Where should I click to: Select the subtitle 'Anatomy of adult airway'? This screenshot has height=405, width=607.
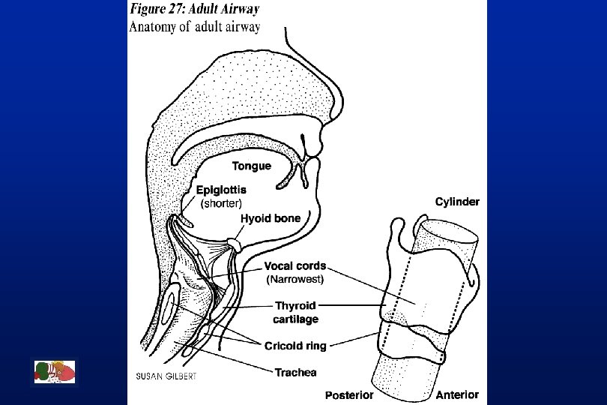195,27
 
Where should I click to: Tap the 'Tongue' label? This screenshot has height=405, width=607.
251,166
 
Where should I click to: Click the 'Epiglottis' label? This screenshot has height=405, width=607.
221,190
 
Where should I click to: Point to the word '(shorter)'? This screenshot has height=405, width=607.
222,202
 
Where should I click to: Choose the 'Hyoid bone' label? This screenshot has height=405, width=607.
271,218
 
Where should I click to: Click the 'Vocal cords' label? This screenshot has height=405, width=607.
295,266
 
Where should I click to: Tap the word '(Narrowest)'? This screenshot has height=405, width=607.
295,279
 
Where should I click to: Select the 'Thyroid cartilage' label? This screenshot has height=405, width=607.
296,312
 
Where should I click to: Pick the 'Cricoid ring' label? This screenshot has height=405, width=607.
295,346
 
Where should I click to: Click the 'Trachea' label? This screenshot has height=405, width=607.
295,372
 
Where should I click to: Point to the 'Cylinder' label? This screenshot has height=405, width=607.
457,202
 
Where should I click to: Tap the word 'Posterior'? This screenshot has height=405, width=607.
349,394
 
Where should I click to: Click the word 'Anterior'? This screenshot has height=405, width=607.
457,394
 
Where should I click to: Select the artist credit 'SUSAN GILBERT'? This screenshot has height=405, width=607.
166,376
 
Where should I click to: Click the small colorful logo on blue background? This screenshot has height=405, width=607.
55,372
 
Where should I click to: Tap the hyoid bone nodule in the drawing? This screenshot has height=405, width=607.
236,244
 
